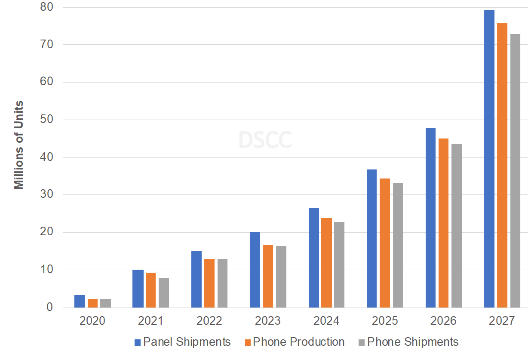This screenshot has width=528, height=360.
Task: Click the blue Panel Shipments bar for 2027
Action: click(489, 159)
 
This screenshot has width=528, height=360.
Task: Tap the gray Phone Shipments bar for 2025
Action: click(398, 245)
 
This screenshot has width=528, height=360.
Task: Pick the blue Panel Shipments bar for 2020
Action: click(80, 301)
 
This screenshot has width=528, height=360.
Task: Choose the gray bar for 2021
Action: click(164, 292)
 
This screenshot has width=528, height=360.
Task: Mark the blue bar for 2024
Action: click(314, 258)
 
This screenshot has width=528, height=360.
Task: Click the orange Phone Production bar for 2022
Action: click(209, 283)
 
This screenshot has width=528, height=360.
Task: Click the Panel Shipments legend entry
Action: click(182, 342)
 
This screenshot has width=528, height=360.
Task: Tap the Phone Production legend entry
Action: click(295, 342)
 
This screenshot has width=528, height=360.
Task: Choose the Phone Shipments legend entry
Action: click(408, 342)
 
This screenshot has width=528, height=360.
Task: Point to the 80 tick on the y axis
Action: click(47, 7)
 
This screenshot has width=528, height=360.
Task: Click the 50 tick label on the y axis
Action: click(47, 120)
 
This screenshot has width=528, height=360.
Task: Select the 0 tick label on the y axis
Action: click(50, 308)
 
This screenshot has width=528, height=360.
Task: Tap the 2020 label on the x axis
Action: click(92, 321)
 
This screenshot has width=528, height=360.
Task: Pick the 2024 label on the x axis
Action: click(326, 321)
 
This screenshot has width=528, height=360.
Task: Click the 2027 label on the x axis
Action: click(502, 321)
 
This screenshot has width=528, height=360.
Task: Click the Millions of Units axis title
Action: click(18, 145)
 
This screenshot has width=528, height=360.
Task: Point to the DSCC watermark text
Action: click(265, 140)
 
